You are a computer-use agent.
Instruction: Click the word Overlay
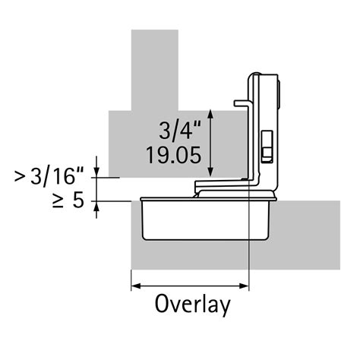pos(193,305)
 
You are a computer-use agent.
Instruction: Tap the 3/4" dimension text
pos(180,130)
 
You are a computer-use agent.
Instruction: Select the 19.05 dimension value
pos(174,155)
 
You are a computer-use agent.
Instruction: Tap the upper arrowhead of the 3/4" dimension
pos(210,114)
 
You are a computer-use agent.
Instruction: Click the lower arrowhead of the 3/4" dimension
pos(210,172)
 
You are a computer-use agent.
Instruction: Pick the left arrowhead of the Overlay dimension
pos(136,286)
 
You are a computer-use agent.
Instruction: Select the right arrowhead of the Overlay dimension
pos(245,286)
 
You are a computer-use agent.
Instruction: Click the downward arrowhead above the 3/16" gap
pos(96,172)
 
